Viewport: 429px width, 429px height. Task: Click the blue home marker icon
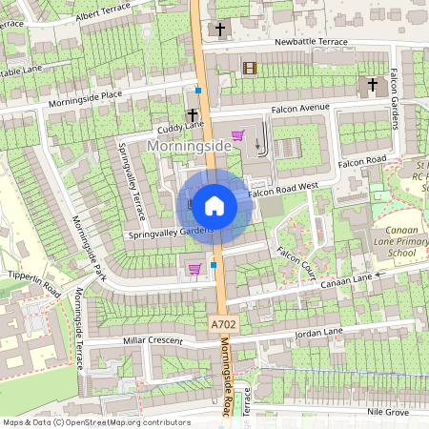[214, 205]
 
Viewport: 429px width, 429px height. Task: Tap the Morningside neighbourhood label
[192, 145]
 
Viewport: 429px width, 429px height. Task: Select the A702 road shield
[220, 325]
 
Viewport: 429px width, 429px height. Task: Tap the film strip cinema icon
[250, 68]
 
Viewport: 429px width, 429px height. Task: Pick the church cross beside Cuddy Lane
[193, 114]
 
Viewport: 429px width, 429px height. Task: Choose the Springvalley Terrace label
[130, 179]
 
